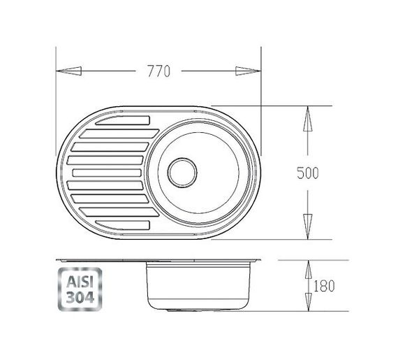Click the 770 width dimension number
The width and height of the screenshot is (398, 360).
pos(159,71)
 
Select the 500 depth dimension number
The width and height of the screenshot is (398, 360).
pos(308,173)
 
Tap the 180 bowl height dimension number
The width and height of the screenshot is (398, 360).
pos(324,286)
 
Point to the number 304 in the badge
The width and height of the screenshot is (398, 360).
pos(80,297)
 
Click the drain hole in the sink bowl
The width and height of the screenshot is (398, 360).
pos(182,173)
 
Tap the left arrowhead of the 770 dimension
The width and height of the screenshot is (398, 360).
pos(68,71)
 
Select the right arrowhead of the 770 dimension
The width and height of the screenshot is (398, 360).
pos(249,71)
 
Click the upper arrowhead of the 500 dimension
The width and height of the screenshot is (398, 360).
pos(308,119)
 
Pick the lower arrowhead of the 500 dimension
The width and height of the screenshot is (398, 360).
pos(308,226)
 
